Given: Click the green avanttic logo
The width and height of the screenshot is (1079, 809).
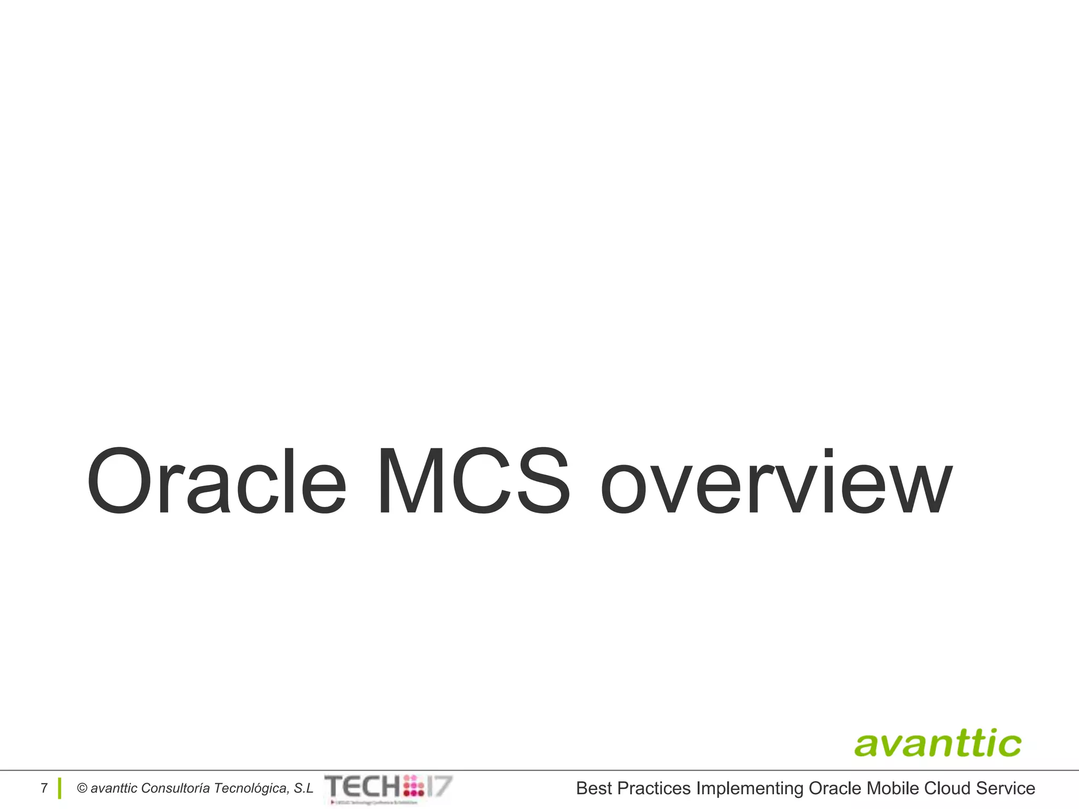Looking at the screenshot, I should coord(937,744).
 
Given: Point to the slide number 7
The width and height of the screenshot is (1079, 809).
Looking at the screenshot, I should coord(44,788).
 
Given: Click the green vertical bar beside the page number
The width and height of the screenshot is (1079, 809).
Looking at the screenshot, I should coord(60,788).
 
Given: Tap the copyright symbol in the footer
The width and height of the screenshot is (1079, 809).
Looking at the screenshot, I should coord(82,788).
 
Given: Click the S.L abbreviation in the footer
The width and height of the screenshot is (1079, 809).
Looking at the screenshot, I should coord(303,788).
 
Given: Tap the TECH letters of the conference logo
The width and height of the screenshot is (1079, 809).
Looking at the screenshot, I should coord(363,786).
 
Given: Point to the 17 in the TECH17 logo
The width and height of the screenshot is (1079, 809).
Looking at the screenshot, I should coord(439,786).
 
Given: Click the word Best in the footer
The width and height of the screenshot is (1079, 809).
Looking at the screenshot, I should coord(594,788).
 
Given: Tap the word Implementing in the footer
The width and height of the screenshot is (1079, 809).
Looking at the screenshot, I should coord(749,788).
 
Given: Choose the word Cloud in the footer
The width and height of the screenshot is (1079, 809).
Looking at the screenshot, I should coord(947,788).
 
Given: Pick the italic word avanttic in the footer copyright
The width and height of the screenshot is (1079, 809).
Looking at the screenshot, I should coord(114,788).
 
